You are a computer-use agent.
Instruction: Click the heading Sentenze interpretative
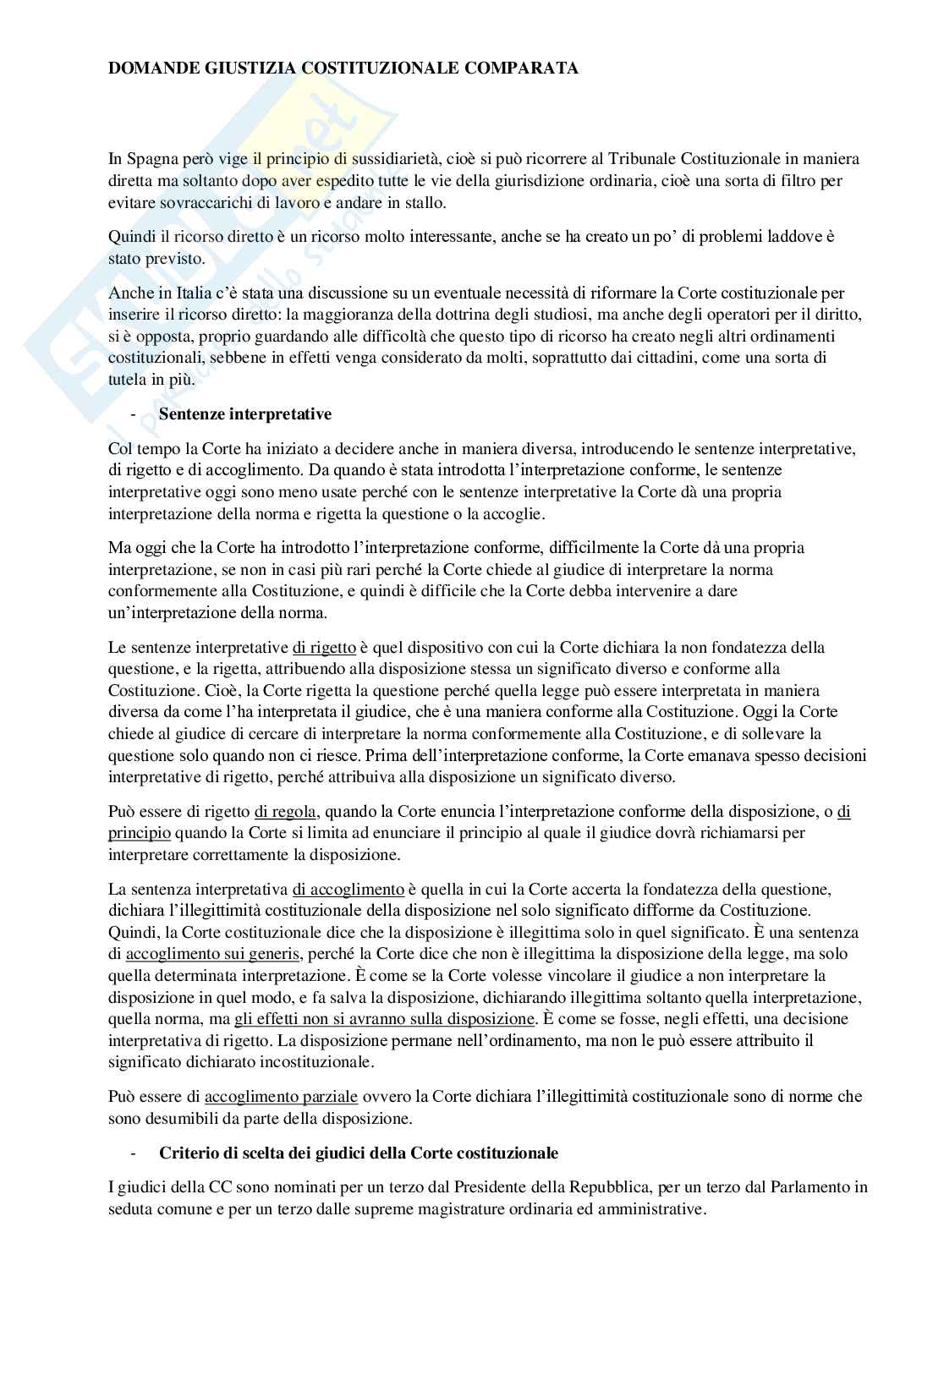pos(245,414)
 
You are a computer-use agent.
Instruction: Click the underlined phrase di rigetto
pos(324,648)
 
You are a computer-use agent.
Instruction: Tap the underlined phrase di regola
pos(285,812)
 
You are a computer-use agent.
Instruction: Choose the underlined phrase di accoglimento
pos(349,890)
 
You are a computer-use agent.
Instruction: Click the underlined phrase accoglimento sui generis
pos(212,954)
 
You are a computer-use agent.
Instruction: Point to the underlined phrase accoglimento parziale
pos(282,1097)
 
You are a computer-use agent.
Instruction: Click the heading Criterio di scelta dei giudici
pos(359,1153)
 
